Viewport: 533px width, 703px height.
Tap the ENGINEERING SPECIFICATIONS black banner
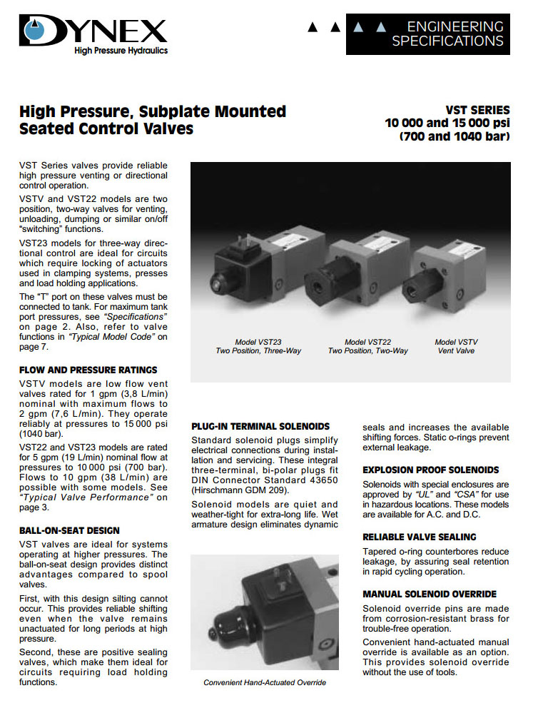coord(427,34)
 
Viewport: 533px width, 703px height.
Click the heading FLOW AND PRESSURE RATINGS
coord(88,370)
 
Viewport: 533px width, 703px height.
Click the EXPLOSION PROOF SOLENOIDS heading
coord(430,470)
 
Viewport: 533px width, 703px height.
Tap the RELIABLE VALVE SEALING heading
coord(419,537)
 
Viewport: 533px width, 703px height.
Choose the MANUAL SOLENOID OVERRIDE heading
coord(430,594)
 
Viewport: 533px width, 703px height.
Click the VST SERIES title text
coord(477,110)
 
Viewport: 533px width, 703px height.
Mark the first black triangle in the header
coord(312,27)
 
